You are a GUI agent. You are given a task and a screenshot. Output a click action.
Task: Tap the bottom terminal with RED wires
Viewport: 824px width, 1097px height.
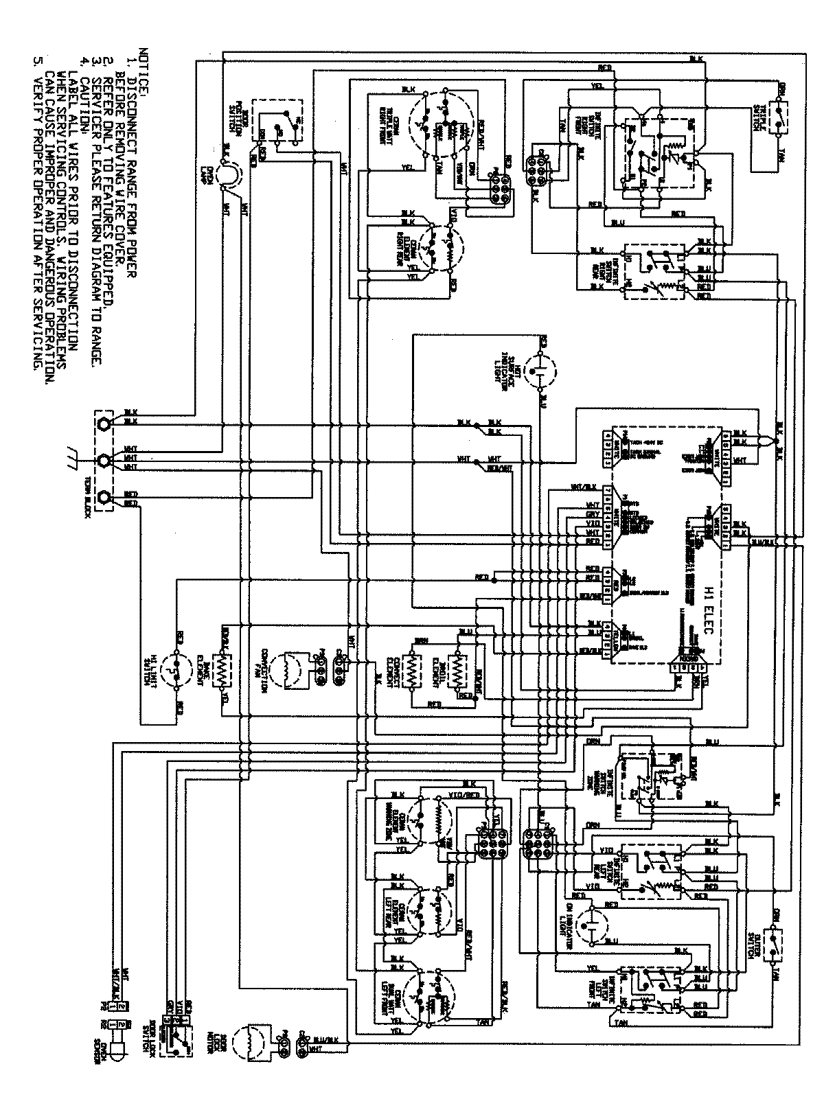(x=104, y=498)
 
